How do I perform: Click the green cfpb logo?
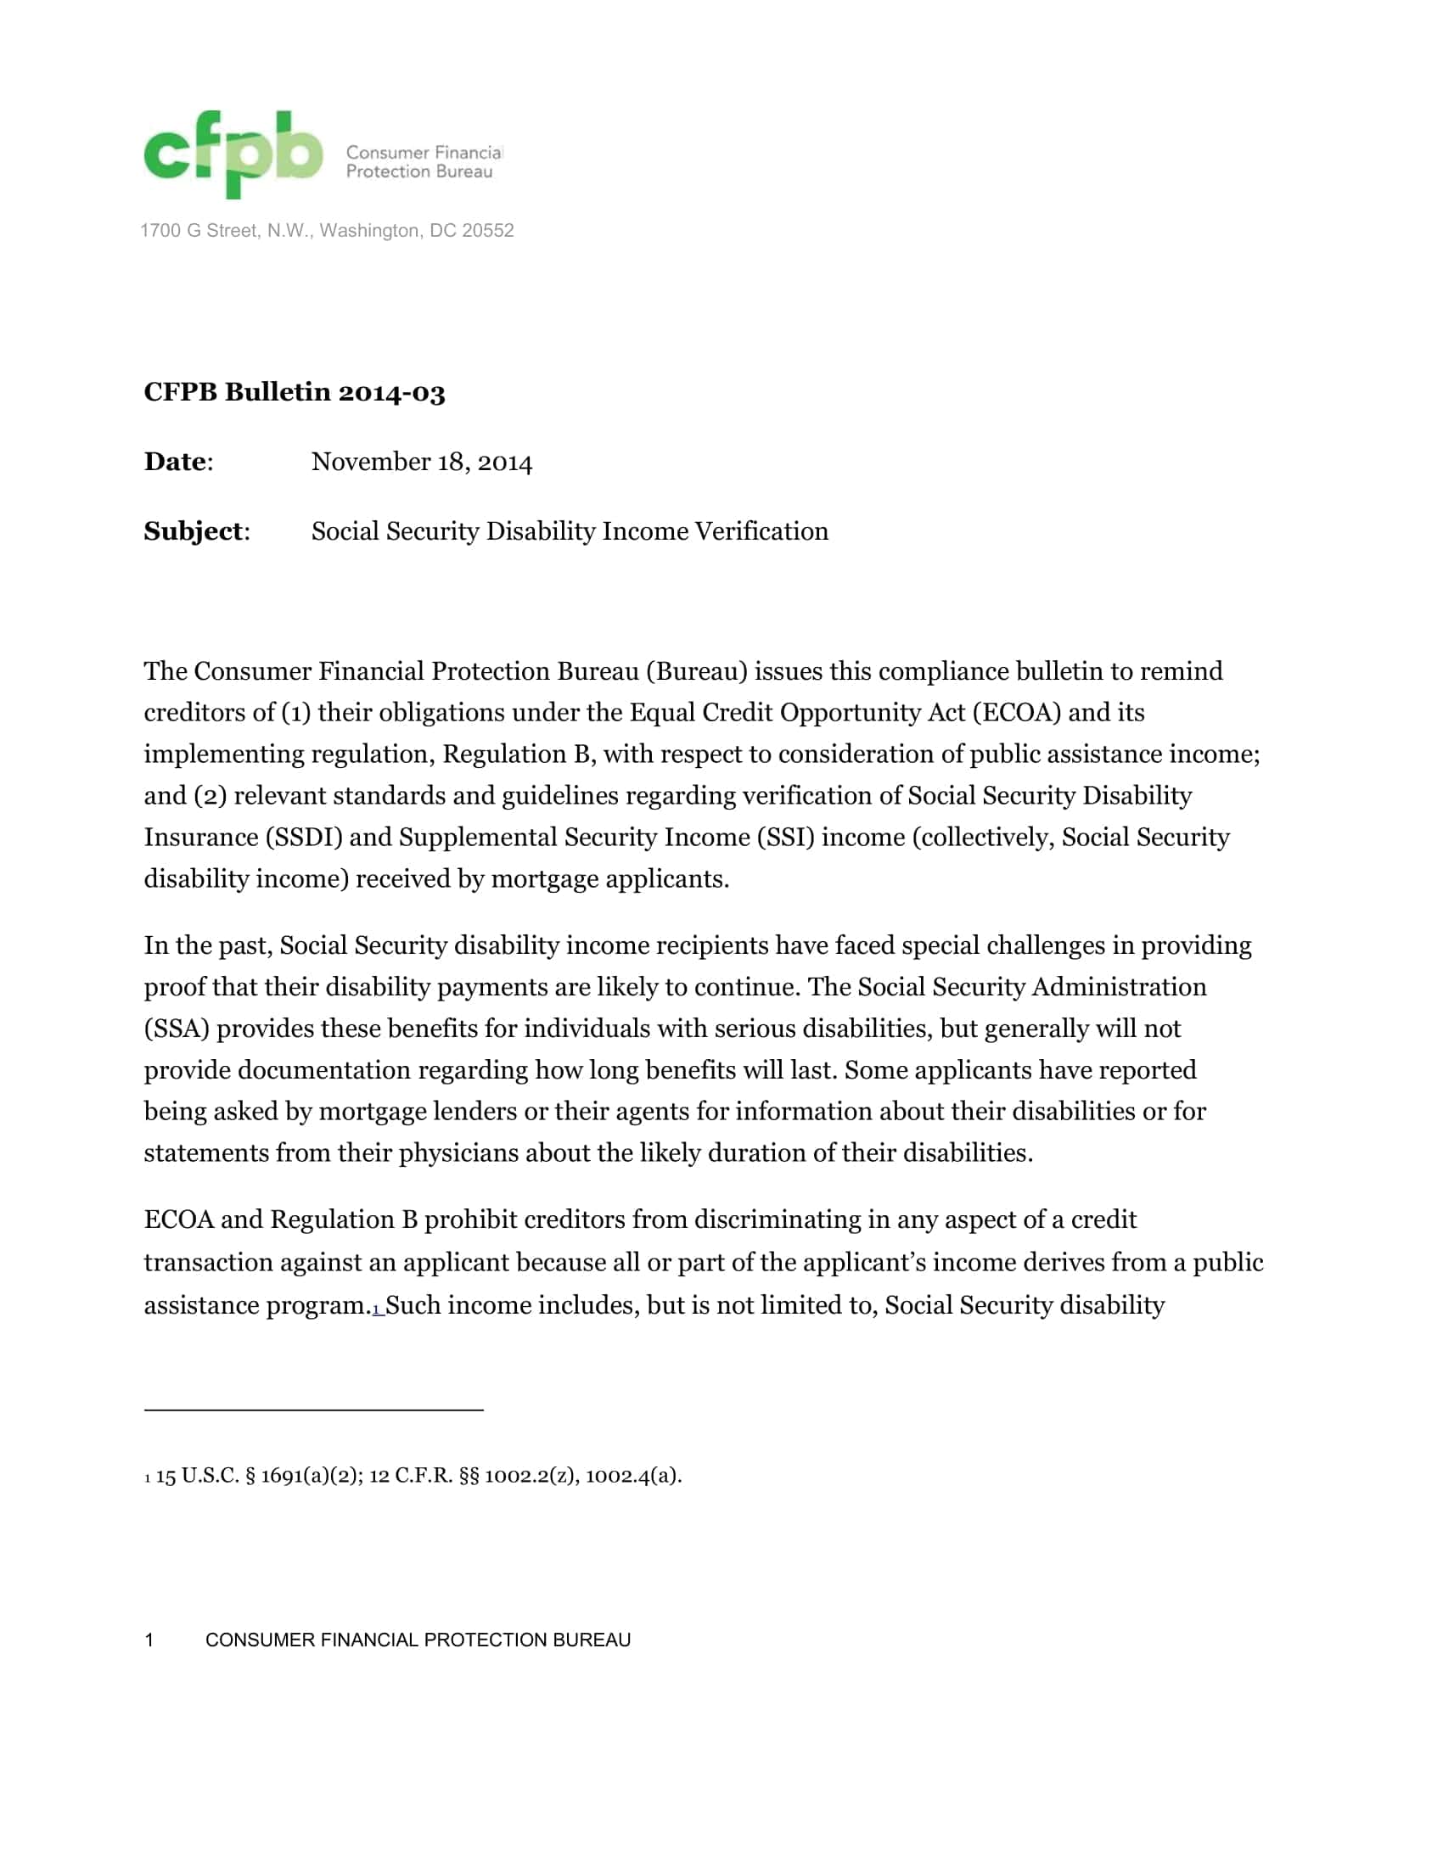point(233,154)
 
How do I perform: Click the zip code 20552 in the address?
point(487,231)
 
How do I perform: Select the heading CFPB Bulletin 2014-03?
point(294,392)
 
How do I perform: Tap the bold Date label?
point(175,462)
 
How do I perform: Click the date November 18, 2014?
point(422,463)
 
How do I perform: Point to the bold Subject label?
point(194,532)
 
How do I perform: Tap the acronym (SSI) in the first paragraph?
point(786,838)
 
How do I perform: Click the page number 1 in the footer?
point(149,1640)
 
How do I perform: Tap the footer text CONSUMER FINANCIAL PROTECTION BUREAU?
point(417,1640)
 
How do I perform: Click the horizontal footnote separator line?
point(313,1410)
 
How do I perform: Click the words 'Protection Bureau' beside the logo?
point(418,171)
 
